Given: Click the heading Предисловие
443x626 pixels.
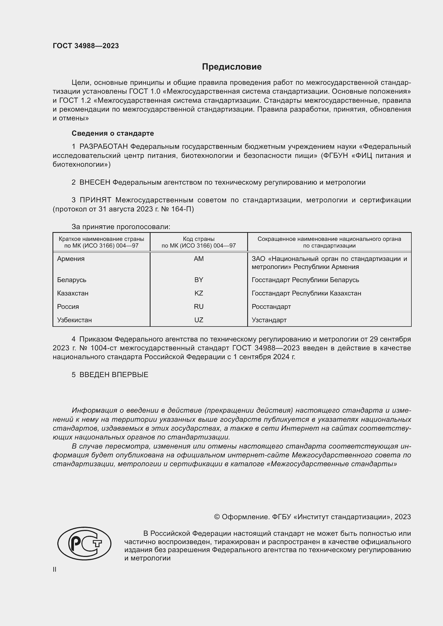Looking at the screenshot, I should [x=232, y=67].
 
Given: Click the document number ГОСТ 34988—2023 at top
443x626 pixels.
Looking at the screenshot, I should [x=86, y=46].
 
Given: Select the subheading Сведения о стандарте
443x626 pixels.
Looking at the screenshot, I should [x=113, y=133].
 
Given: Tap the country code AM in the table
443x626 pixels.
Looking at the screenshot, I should [x=198, y=259].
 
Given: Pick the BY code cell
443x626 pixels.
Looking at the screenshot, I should [x=198, y=280].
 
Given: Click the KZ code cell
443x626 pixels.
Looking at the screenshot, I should [x=198, y=293].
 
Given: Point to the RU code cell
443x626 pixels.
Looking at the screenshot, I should [x=198, y=306].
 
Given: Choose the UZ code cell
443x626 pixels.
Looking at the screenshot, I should [x=198, y=320].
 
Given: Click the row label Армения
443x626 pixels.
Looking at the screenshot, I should [x=71, y=259].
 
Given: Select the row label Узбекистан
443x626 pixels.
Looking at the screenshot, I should [x=74, y=320].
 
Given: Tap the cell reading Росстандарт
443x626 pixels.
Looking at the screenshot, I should [x=271, y=306].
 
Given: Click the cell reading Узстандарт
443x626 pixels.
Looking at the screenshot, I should [x=269, y=320].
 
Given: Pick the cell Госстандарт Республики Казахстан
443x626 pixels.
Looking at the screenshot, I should [x=306, y=293].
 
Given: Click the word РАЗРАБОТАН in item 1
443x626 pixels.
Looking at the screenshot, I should [x=104, y=147].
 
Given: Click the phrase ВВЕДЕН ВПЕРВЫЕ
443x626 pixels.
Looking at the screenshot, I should [x=114, y=375].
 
